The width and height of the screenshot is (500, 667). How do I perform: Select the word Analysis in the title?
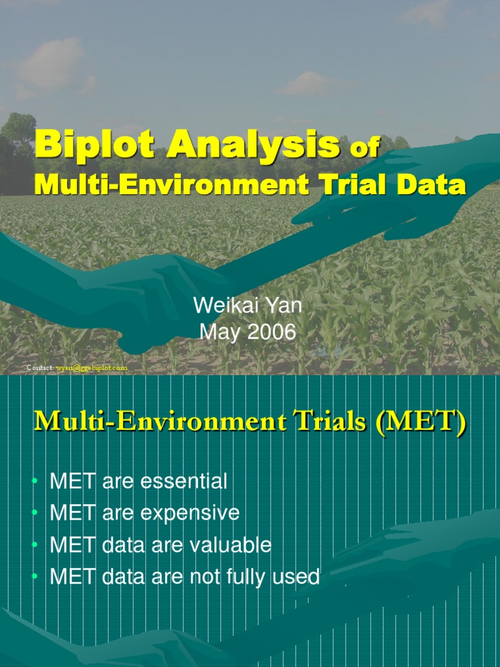point(254,145)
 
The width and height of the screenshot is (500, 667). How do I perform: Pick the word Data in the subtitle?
point(432,184)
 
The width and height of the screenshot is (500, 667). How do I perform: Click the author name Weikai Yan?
point(247,306)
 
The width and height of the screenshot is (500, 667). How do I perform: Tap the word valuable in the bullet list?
point(229,545)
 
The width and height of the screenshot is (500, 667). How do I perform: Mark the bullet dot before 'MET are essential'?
point(35,483)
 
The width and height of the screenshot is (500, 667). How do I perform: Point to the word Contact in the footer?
point(40,368)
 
